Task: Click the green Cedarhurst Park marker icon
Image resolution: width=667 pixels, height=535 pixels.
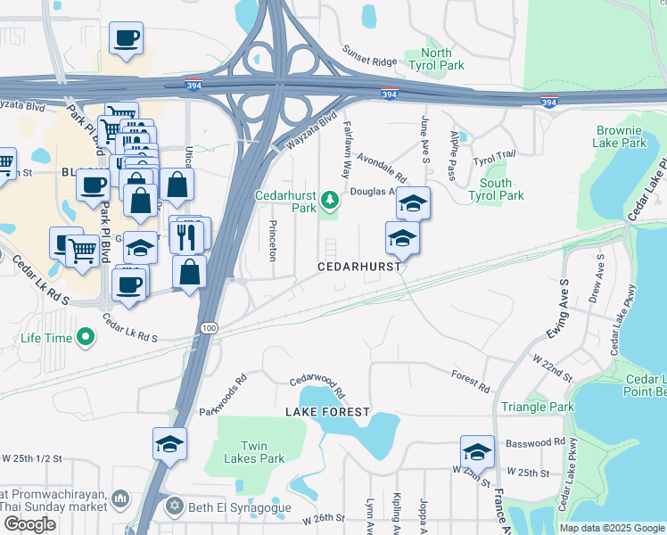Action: [x=330, y=198]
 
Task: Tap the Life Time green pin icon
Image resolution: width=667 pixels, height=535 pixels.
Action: [x=86, y=338]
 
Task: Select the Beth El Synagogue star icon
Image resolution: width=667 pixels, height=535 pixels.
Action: [x=174, y=506]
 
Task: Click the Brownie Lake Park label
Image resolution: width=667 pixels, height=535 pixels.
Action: [x=621, y=136]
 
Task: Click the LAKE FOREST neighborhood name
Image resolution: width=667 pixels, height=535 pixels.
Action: [x=327, y=412]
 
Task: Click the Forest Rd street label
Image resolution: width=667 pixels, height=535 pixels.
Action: [x=471, y=382]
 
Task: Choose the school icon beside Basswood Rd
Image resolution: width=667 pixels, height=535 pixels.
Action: [x=477, y=451]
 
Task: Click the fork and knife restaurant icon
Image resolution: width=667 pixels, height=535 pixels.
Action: [x=188, y=237]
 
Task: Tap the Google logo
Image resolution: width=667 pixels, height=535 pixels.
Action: [x=29, y=524]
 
